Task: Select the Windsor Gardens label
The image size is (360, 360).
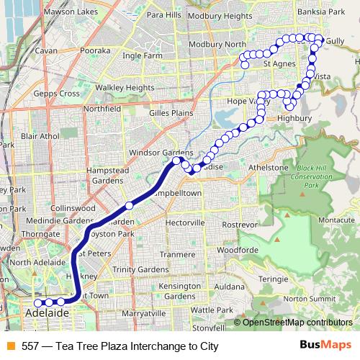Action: tap(161, 153)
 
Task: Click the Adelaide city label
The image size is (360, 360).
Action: tap(47, 314)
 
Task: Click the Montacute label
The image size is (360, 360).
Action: tap(335, 220)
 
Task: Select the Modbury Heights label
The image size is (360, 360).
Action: tap(222, 15)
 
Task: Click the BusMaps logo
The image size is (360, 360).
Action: tap(330, 346)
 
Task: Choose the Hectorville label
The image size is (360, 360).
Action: tap(186, 224)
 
